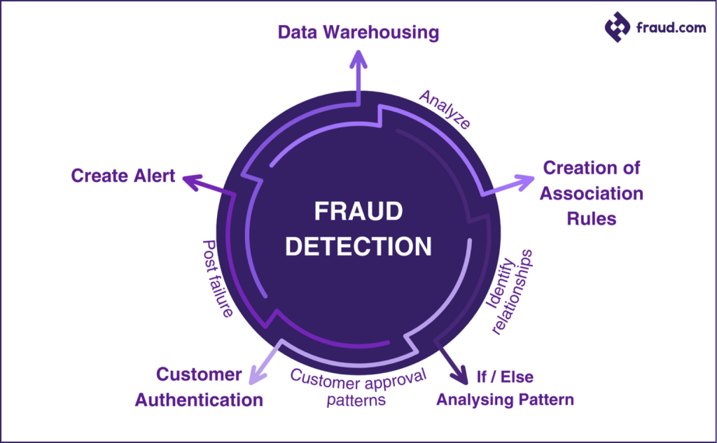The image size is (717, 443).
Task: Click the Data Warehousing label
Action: click(358, 32)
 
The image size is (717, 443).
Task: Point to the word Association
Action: click(592, 193)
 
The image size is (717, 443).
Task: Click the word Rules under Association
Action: click(592, 218)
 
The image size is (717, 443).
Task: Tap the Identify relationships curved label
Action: click(509, 290)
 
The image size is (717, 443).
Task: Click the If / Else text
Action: click(504, 377)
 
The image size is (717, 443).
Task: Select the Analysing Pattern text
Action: click(505, 400)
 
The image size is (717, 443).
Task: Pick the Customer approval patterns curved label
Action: click(358, 387)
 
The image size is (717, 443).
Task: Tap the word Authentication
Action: click(199, 400)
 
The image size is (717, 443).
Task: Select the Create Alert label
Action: click(123, 175)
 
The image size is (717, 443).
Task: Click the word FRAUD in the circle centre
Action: click(358, 212)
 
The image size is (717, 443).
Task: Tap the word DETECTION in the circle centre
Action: click(358, 246)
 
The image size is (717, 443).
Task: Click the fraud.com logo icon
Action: click(618, 28)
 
